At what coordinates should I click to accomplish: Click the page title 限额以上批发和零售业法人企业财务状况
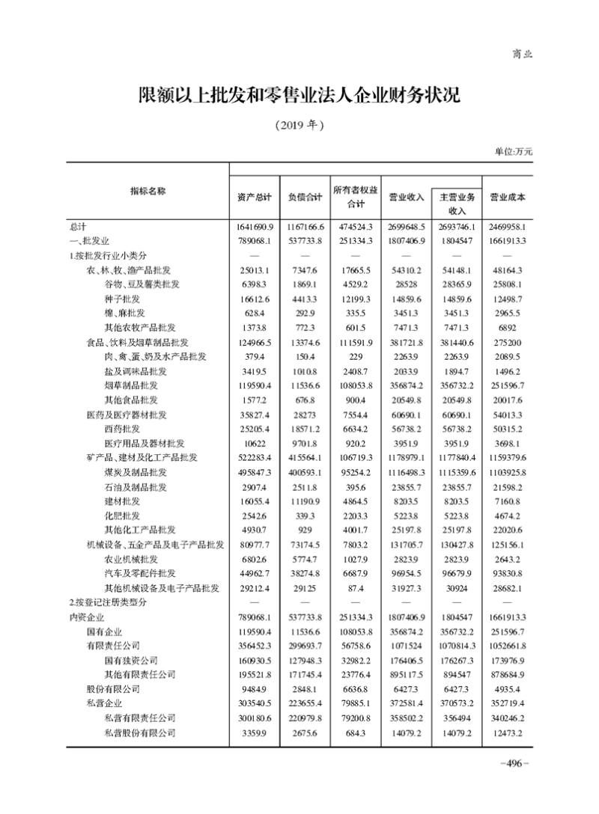[299, 96]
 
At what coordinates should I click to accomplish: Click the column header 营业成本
[507, 198]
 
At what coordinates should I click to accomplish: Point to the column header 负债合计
[305, 198]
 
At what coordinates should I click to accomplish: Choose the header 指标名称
[148, 192]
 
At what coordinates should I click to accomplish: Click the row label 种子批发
[124, 299]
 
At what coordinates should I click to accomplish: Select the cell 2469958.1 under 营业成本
[507, 226]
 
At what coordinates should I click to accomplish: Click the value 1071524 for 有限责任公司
[407, 646]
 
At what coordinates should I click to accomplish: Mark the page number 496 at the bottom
[514, 763]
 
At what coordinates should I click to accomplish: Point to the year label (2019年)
[299, 124]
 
